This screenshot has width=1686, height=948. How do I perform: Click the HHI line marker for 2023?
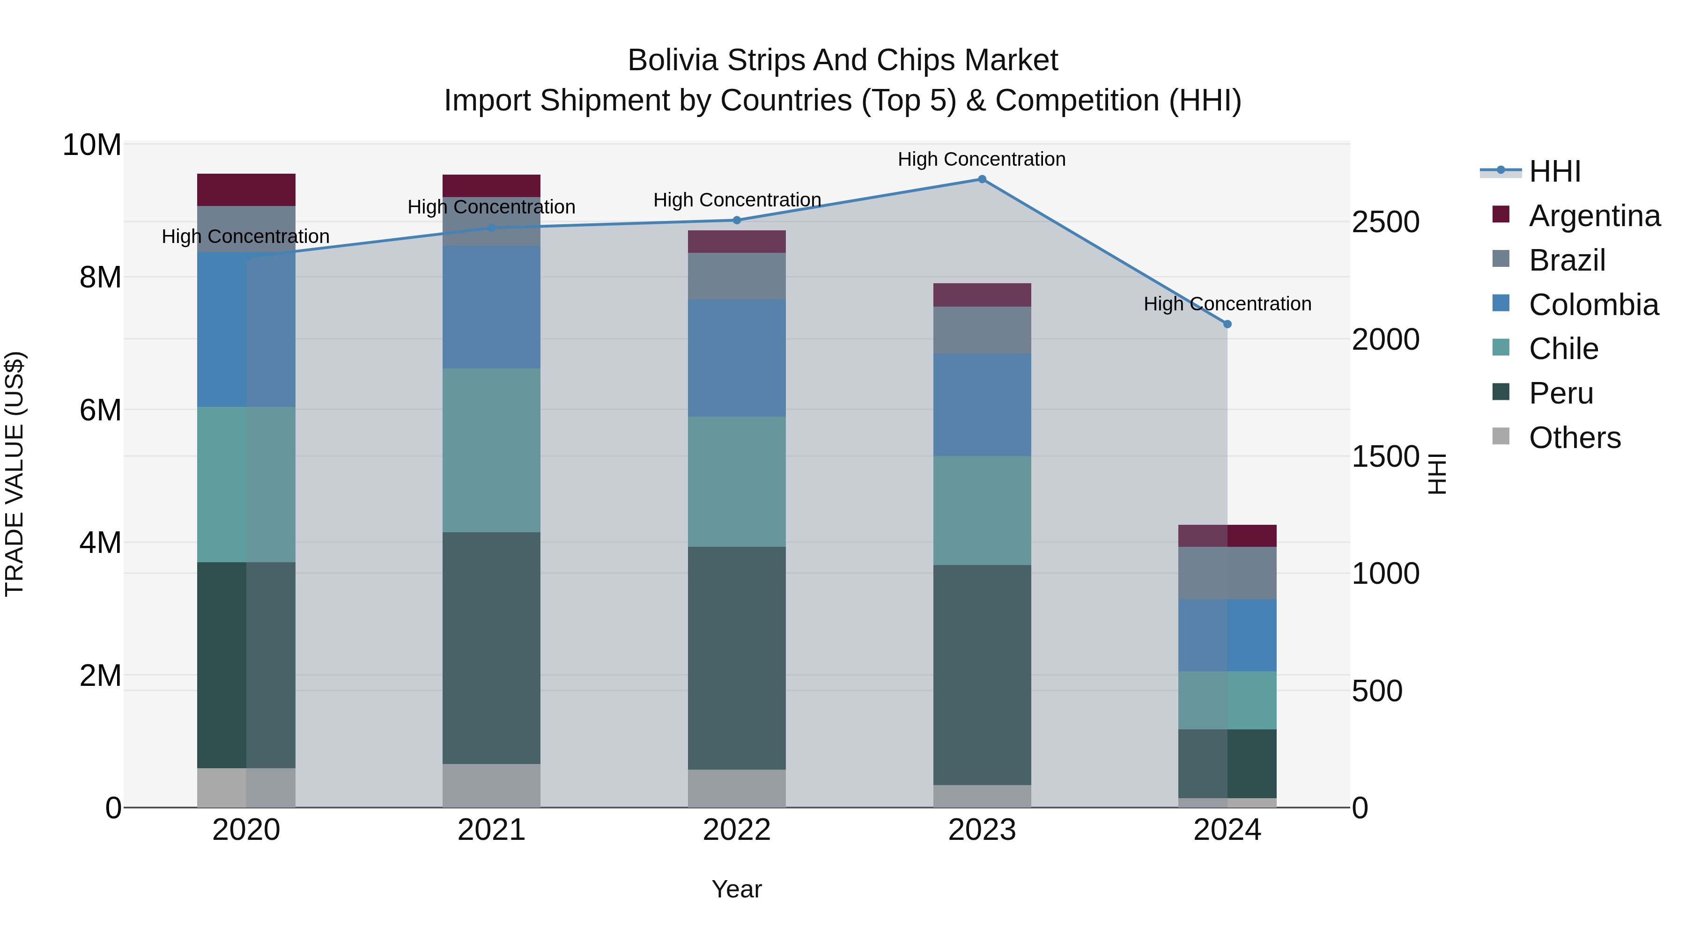[x=982, y=179]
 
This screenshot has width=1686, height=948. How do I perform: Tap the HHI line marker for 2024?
[x=1227, y=324]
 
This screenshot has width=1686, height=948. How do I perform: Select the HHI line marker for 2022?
[x=737, y=220]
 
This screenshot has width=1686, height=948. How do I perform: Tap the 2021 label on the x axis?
[x=492, y=830]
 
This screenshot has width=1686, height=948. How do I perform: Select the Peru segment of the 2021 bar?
[x=492, y=648]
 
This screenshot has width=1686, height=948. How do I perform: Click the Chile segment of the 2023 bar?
[x=982, y=510]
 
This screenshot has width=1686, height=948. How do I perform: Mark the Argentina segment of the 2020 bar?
[x=246, y=190]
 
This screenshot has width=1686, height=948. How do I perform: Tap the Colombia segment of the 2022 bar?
[x=737, y=358]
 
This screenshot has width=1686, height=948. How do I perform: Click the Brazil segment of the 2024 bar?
[x=1227, y=573]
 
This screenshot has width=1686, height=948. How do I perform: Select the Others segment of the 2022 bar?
[x=737, y=788]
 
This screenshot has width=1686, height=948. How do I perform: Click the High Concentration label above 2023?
[x=982, y=159]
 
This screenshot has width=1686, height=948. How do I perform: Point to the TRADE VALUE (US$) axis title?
[x=15, y=474]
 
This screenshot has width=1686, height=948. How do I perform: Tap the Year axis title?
[x=737, y=889]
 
